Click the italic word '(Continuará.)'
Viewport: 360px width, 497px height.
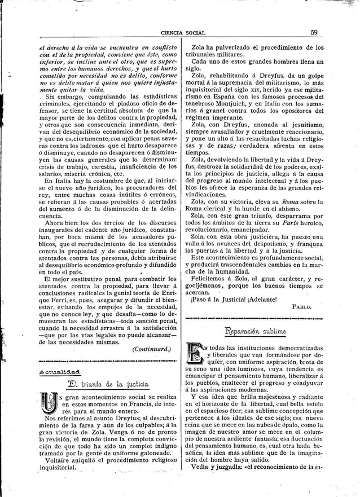(x=151, y=349)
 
